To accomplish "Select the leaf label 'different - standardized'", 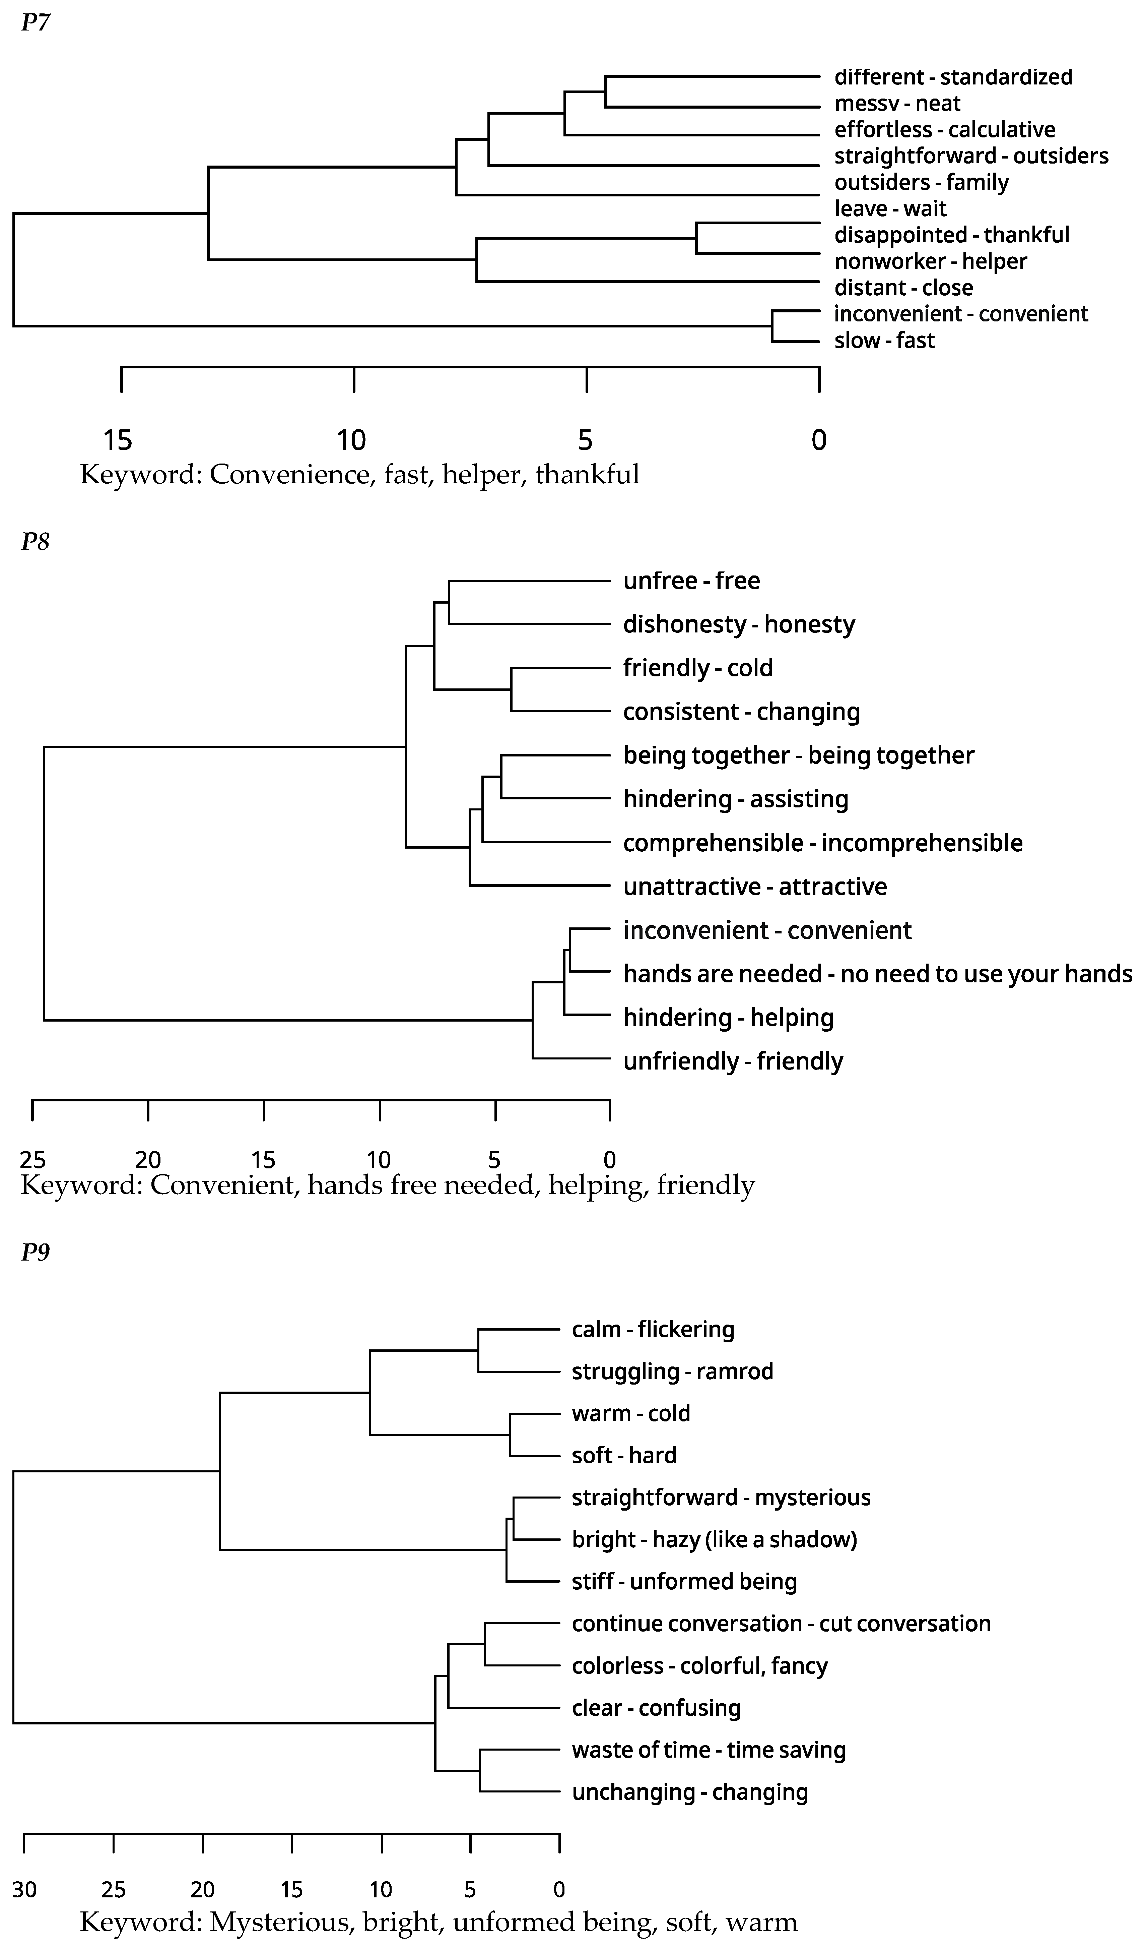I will [x=953, y=77].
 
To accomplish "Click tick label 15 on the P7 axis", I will [x=119, y=440].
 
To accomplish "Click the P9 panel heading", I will [x=35, y=1252].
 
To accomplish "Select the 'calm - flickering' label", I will [x=653, y=1329].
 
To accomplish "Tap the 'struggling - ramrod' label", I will [x=672, y=1371].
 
